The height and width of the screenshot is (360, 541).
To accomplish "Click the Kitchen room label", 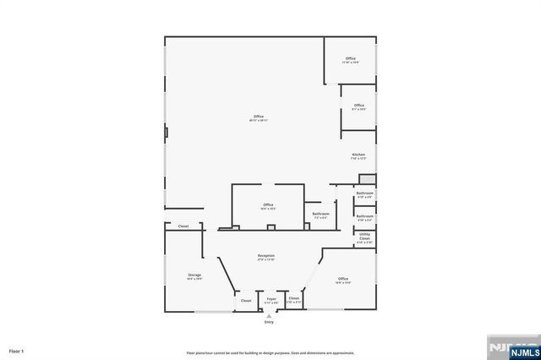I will (358, 155).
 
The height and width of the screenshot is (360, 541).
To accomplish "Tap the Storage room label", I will (194, 275).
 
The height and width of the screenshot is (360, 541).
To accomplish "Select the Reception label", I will (267, 255).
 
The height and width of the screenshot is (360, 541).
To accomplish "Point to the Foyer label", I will (271, 298).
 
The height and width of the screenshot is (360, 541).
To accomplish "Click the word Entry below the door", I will (269, 322).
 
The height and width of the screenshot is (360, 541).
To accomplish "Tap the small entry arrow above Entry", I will (269, 315).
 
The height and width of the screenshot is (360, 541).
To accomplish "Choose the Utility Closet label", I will (364, 237).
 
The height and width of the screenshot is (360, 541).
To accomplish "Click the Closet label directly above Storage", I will (183, 226).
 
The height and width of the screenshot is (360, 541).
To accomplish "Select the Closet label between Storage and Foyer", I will (246, 300).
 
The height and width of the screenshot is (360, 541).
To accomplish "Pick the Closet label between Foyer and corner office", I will (294, 298).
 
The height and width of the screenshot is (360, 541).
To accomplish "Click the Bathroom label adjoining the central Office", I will (320, 214).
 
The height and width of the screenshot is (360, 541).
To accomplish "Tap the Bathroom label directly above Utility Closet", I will (364, 216).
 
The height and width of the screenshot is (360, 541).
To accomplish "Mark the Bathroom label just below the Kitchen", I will (364, 194).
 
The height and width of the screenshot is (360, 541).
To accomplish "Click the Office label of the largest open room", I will (258, 117).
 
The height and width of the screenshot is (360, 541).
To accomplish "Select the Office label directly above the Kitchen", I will (359, 106).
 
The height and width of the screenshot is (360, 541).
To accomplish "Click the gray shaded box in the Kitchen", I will (367, 179).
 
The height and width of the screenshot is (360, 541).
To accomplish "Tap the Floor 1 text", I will (17, 350).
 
